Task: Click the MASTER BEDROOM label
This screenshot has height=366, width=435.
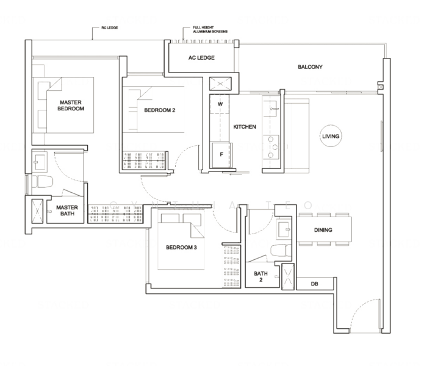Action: (71, 105)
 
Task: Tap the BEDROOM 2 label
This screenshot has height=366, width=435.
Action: (160, 110)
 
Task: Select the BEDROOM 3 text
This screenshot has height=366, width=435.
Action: (181, 248)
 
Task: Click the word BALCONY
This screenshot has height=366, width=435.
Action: (310, 67)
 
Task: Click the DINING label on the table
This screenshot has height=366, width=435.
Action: (323, 231)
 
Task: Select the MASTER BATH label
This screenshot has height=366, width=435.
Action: (67, 210)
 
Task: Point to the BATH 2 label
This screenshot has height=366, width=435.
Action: (261, 277)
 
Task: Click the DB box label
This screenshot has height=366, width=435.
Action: (314, 284)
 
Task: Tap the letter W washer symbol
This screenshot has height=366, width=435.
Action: (218, 104)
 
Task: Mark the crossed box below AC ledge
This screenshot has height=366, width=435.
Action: (218, 84)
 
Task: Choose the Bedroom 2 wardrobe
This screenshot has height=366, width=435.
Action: (144, 161)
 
